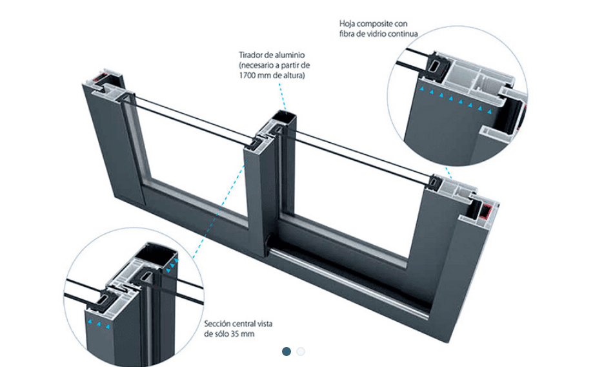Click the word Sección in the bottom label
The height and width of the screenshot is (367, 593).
219,324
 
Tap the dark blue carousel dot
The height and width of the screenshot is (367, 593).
286,351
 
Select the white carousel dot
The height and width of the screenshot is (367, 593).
301,351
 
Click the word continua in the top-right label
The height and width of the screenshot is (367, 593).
403,34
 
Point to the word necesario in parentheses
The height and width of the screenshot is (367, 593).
258,66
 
